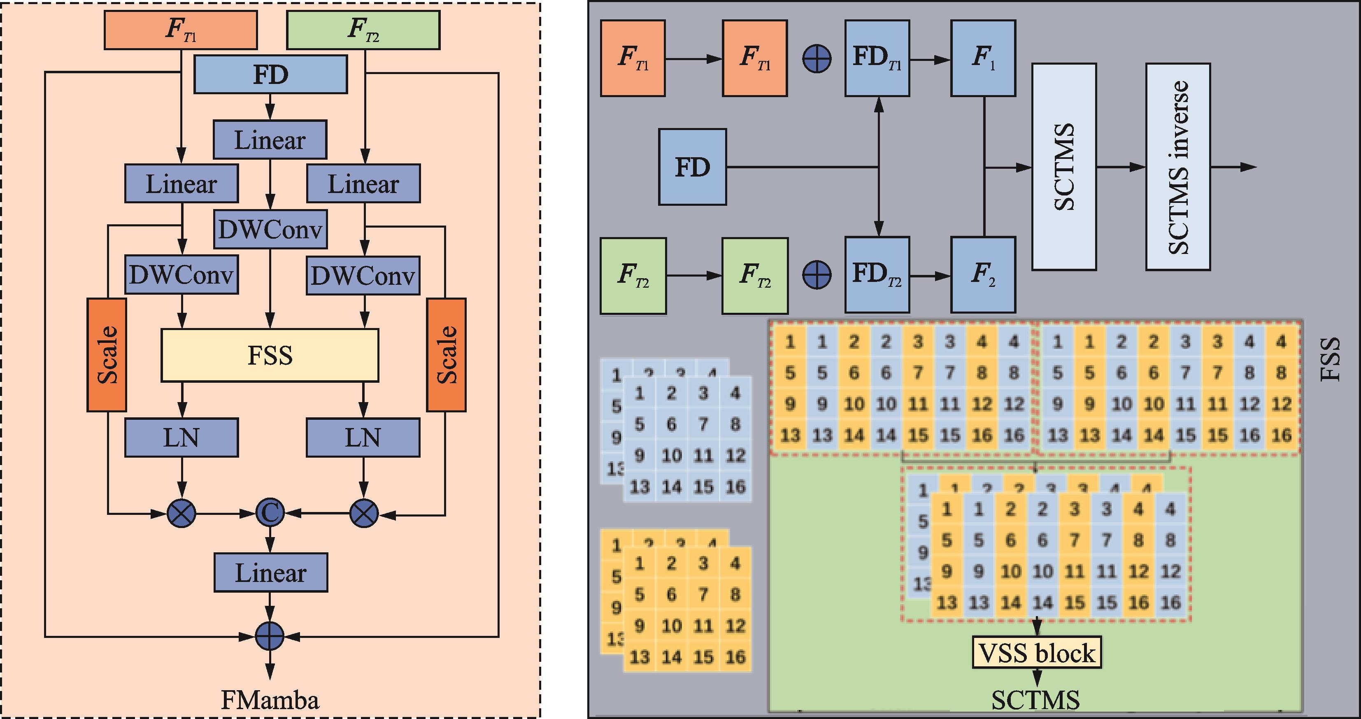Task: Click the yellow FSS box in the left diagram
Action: pyautogui.click(x=270, y=355)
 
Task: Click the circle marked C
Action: pyautogui.click(x=270, y=513)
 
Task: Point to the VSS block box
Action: pyautogui.click(x=1037, y=653)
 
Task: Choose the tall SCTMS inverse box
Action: pyautogui.click(x=1178, y=167)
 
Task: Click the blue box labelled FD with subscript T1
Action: pyautogui.click(x=877, y=58)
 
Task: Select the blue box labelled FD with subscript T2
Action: pyautogui.click(x=877, y=275)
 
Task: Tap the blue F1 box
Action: pyautogui.click(x=983, y=58)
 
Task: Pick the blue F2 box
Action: pyautogui.click(x=983, y=275)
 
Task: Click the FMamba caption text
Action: pyautogui.click(x=270, y=700)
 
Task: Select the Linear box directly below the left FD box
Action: pyautogui.click(x=270, y=140)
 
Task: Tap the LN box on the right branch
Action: pyautogui.click(x=363, y=437)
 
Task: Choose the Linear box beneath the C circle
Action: pyautogui.click(x=270, y=572)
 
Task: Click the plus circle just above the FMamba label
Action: pyautogui.click(x=270, y=636)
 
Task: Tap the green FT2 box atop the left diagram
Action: pyautogui.click(x=363, y=30)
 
